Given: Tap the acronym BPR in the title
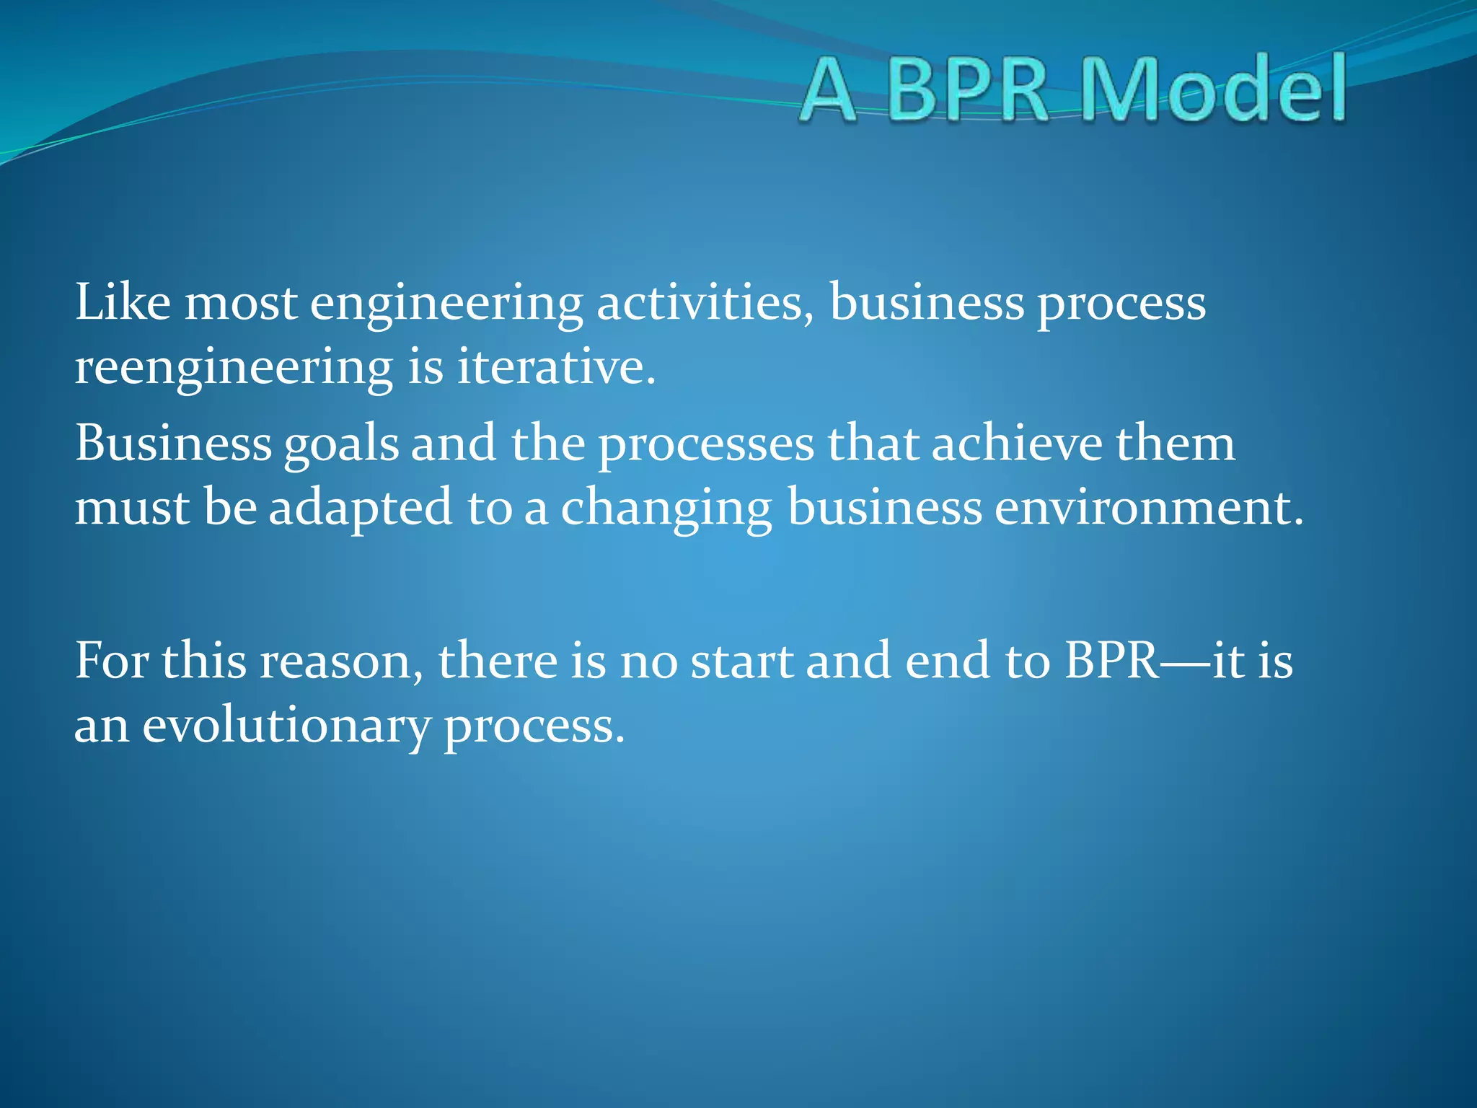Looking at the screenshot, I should (x=967, y=90).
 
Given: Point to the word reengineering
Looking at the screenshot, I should (x=234, y=368).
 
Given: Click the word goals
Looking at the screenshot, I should (x=341, y=444).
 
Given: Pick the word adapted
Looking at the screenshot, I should (x=361, y=508).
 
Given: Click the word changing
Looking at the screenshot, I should (x=666, y=508).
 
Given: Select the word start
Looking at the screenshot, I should (x=741, y=660).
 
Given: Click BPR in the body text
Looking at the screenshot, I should (x=1112, y=660).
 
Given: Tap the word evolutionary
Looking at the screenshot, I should (x=286, y=726).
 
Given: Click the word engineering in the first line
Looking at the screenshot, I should (x=446, y=303).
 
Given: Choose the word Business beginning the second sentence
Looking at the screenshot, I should (x=173, y=443).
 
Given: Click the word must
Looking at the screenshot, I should (x=131, y=508).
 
